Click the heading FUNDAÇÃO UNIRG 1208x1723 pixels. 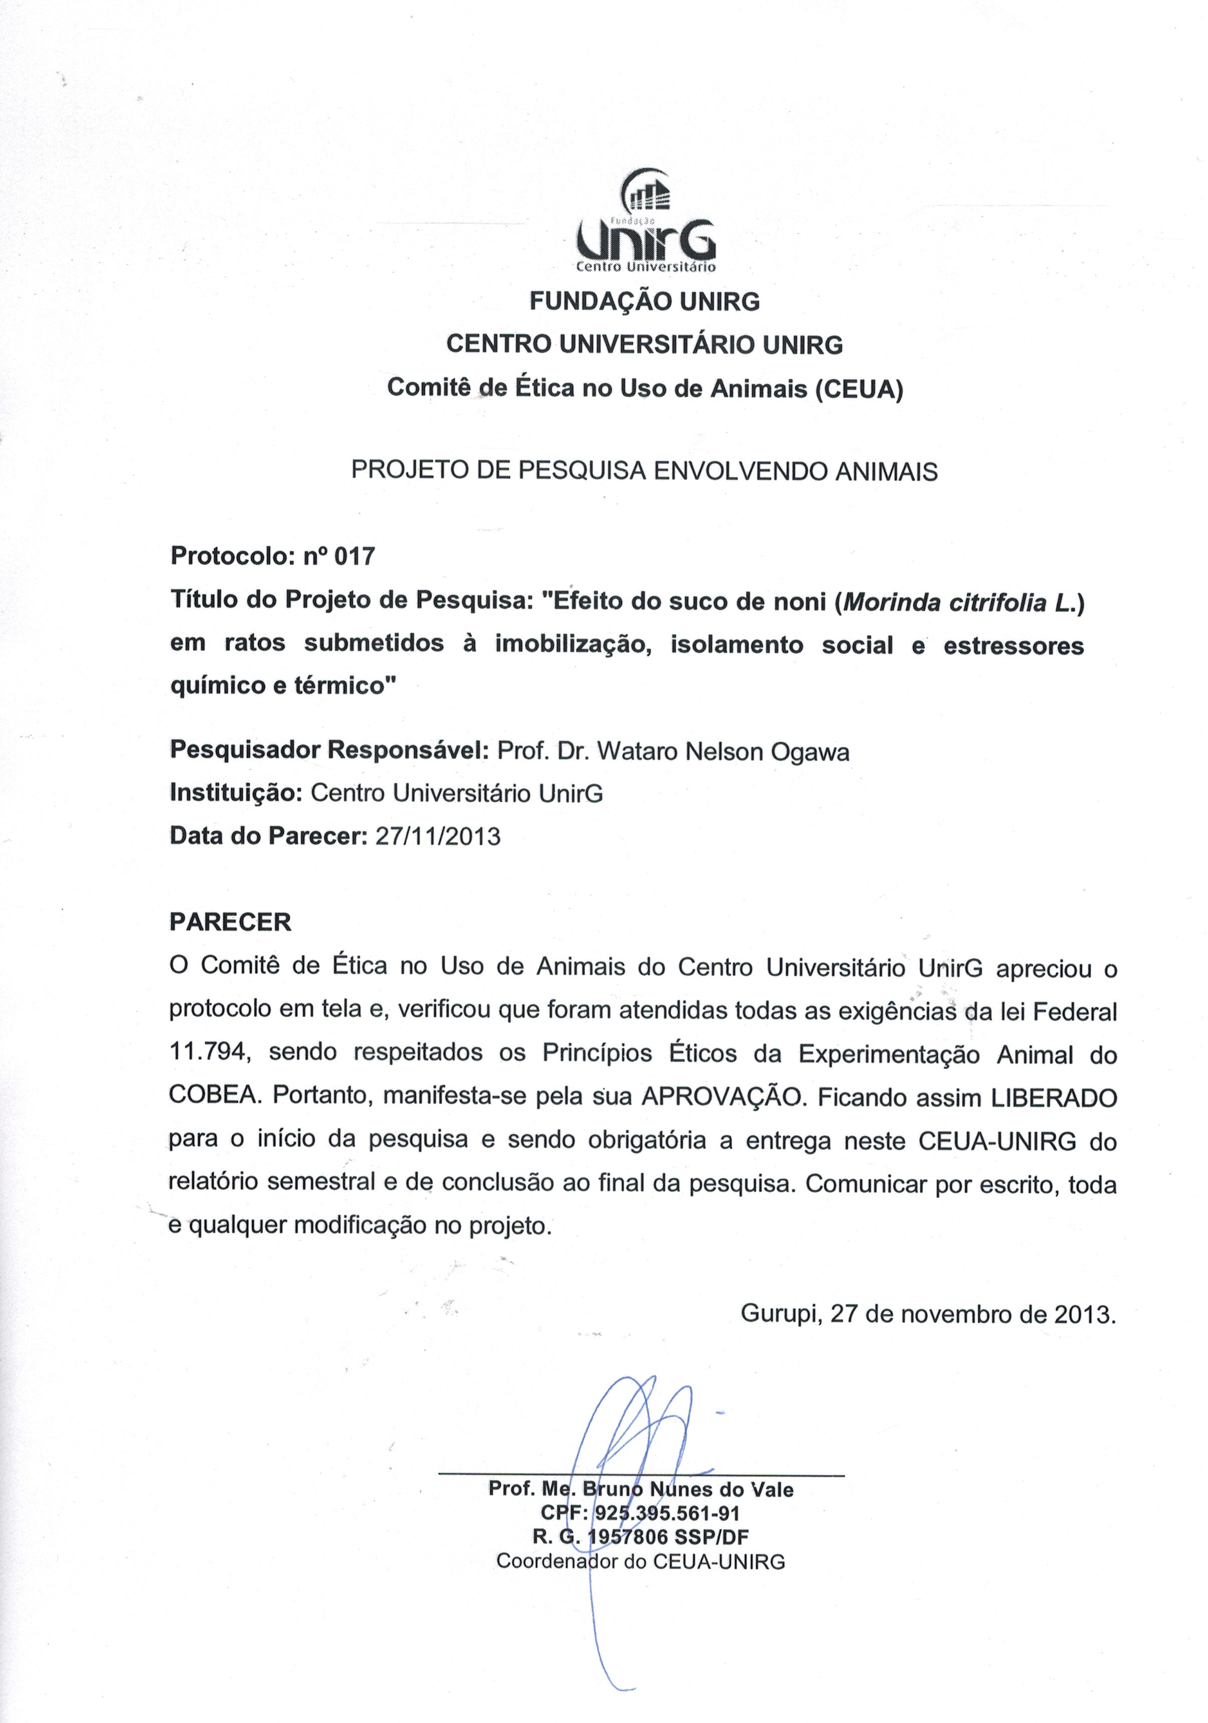pos(644,302)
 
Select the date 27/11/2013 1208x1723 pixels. pos(437,836)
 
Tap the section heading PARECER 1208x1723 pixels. pos(230,922)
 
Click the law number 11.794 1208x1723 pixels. pos(208,1052)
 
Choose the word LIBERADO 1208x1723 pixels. pos(1054,1097)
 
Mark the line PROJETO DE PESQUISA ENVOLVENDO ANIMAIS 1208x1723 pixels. pos(644,471)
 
